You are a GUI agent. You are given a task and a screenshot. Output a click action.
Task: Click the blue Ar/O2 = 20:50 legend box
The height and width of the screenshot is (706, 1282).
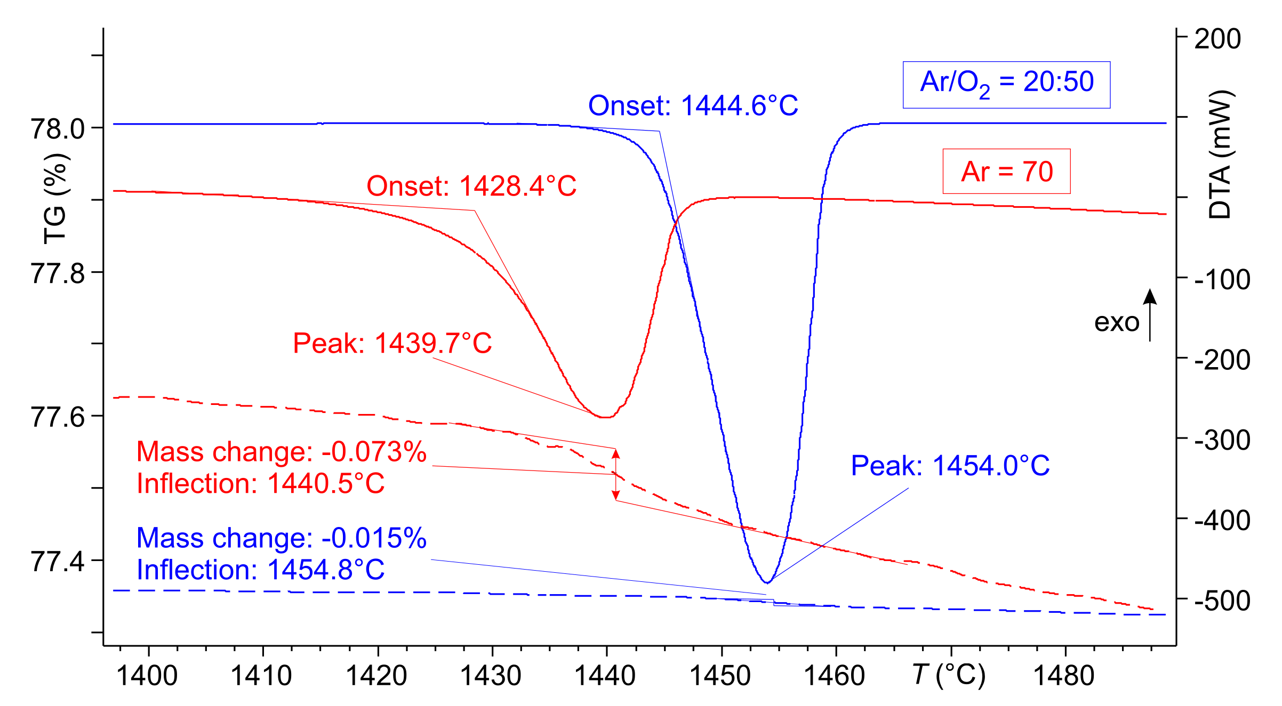click(1006, 85)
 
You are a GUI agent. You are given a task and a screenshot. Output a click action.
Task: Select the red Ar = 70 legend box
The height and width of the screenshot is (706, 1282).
click(1006, 172)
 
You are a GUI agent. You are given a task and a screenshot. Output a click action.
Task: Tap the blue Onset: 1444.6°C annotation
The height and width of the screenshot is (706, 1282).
click(693, 106)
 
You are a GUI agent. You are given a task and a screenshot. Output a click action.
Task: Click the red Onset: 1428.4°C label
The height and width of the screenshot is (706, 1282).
click(471, 186)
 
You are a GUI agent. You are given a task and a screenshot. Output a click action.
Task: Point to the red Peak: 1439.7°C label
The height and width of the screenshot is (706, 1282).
click(392, 343)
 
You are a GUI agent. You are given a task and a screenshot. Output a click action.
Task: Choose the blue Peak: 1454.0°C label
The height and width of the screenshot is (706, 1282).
click(950, 466)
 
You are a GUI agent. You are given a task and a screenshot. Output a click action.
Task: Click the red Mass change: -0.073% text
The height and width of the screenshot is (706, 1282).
click(282, 452)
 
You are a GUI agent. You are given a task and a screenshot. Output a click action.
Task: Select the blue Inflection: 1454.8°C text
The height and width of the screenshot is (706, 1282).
click(260, 570)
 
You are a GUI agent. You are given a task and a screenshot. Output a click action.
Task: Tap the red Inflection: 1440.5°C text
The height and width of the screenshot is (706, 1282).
click(260, 484)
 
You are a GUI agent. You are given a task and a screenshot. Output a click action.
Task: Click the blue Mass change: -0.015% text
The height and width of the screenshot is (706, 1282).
click(282, 538)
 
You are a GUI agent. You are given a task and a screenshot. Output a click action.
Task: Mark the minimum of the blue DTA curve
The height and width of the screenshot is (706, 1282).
click(767, 582)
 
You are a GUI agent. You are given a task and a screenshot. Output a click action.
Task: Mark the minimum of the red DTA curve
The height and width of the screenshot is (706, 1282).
click(604, 417)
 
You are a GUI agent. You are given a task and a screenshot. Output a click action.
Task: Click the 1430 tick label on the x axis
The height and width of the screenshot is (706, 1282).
click(491, 676)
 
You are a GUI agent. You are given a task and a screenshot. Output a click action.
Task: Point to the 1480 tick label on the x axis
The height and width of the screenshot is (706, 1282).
click(1064, 676)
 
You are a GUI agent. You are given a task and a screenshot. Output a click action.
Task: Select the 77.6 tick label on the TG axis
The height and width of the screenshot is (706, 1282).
click(58, 417)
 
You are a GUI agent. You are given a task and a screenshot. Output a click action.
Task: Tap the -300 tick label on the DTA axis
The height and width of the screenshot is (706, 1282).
click(1222, 440)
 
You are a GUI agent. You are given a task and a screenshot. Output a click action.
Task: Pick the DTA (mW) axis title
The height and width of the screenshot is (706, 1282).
click(1220, 155)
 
